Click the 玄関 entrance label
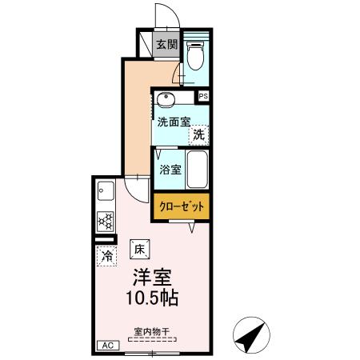point(166,45)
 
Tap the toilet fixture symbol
point(196,57)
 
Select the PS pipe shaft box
point(204,97)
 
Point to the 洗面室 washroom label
point(174,122)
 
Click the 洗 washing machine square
point(198,135)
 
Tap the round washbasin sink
point(166,100)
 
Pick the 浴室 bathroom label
point(170,170)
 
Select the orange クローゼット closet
point(182,206)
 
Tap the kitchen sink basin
point(106,192)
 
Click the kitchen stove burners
point(105,219)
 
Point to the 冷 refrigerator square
point(106,256)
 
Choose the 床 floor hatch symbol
point(137,248)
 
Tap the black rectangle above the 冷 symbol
point(105,238)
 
